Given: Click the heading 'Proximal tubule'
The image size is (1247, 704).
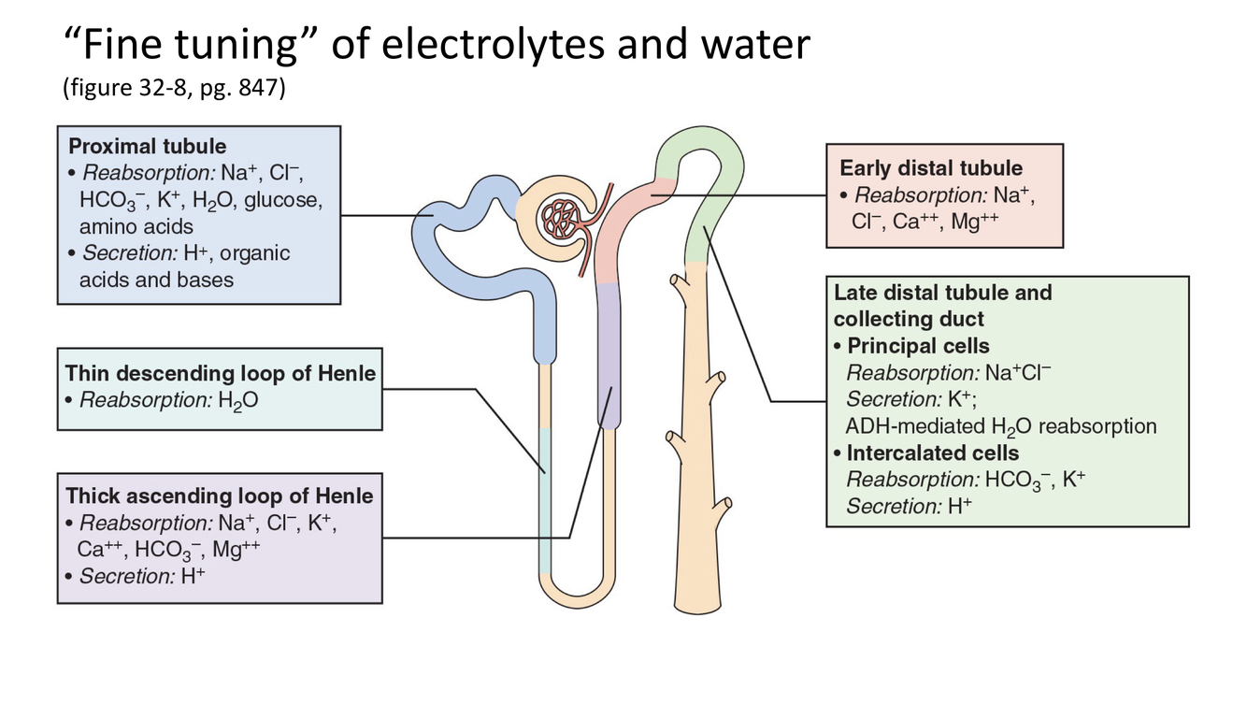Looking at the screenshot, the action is click(x=147, y=146).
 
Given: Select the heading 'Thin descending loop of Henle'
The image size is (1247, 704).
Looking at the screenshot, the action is click(x=220, y=373).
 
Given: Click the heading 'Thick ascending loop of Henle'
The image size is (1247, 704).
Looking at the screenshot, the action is click(x=219, y=496).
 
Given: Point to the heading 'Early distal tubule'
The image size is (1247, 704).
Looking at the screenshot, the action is click(x=931, y=168).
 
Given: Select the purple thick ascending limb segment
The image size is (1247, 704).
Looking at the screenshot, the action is click(x=609, y=355).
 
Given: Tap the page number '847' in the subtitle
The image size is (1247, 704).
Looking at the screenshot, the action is click(x=260, y=92).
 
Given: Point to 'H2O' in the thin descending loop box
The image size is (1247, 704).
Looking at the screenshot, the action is click(x=239, y=401).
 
